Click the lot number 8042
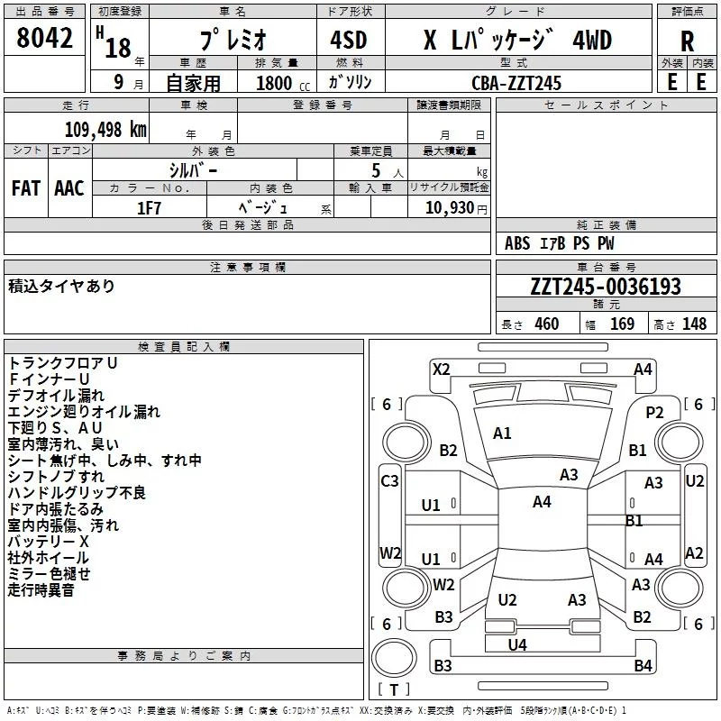[x=46, y=39]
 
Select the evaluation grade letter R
[x=687, y=41]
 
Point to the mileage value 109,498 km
[x=105, y=130]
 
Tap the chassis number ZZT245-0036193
[x=606, y=287]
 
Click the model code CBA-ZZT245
[x=516, y=83]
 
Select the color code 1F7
[x=149, y=207]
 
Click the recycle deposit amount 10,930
[x=449, y=207]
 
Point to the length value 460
[x=546, y=324]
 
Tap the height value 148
[x=695, y=324]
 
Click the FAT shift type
[x=25, y=188]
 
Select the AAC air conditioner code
[x=69, y=188]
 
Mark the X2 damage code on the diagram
[x=442, y=369]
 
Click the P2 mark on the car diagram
[x=654, y=412]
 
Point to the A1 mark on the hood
[x=502, y=434]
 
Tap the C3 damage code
[x=389, y=481]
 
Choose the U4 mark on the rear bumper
[x=517, y=644]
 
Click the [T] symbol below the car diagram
[x=394, y=690]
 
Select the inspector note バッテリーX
[x=49, y=542]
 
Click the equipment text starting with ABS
[x=560, y=243]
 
